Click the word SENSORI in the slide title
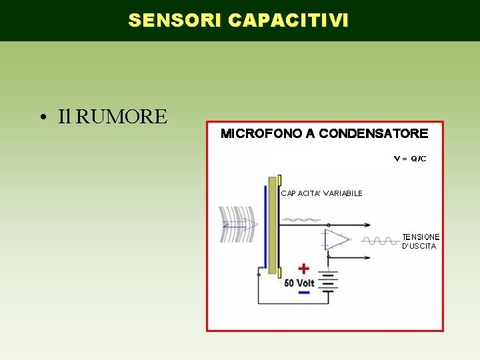pyautogui.click(x=175, y=21)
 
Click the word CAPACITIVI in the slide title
pyautogui.click(x=287, y=21)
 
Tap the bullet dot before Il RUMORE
pyautogui.click(x=42, y=118)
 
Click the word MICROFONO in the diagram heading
pyautogui.click(x=261, y=134)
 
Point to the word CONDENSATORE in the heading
pyautogui.click(x=373, y=134)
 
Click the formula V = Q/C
pyautogui.click(x=410, y=159)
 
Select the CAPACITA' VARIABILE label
pyautogui.click(x=321, y=193)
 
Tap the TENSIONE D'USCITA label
pyautogui.click(x=420, y=241)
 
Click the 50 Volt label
pyautogui.click(x=299, y=283)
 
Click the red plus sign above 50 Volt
pyautogui.click(x=303, y=269)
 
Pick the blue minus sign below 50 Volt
pyautogui.click(x=304, y=292)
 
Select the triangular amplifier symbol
pyautogui.click(x=336, y=240)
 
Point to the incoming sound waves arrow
pyautogui.click(x=239, y=224)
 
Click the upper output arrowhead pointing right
pyautogui.click(x=367, y=225)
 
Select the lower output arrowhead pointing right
pyautogui.click(x=367, y=257)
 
